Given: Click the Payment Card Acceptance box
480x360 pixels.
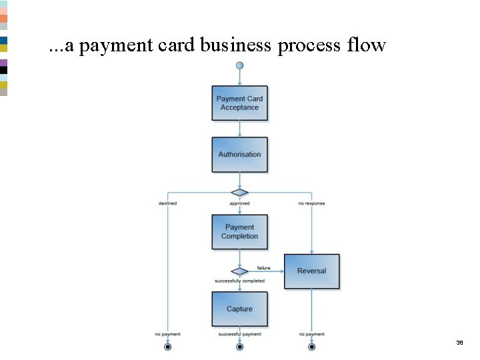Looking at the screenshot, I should (239, 103).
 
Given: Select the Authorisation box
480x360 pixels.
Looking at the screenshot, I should (239, 155).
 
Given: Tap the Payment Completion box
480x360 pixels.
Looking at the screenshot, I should (239, 232).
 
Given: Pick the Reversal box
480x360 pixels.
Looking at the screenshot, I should (311, 271).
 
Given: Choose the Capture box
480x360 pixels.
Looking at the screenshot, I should (239, 309).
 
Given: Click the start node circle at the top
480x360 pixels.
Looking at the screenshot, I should (239, 65).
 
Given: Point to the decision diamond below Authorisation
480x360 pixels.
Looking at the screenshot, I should (239, 193).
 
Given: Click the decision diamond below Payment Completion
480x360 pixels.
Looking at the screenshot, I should (239, 271).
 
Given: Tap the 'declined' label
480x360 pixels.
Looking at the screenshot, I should (167, 203).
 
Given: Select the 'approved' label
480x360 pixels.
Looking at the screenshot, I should (239, 203).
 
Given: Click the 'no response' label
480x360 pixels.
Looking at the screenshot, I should (311, 203).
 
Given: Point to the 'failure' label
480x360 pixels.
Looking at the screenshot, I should (264, 267).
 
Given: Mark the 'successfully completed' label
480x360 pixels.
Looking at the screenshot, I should (239, 281).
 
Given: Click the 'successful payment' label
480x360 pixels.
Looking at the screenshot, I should (239, 334).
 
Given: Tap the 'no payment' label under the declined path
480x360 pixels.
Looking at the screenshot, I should (167, 334).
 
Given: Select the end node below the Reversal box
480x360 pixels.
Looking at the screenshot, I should (311, 347).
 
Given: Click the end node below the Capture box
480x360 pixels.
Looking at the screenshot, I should (239, 347).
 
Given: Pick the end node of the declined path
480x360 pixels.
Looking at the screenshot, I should (167, 347).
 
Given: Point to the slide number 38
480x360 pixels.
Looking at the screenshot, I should (459, 342).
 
